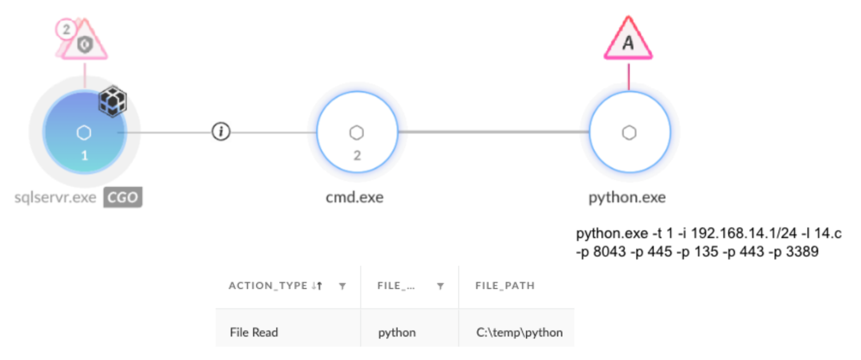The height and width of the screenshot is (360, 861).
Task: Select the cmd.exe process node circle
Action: (356, 132)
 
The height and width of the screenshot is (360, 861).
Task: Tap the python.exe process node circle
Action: (629, 132)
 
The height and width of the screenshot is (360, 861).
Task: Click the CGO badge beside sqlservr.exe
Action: (122, 198)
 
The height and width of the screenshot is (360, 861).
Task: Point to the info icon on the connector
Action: (221, 132)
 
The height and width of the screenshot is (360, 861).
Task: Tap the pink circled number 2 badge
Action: (67, 29)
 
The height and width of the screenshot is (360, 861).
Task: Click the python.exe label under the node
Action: (627, 198)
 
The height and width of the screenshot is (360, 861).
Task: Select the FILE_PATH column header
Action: (505, 286)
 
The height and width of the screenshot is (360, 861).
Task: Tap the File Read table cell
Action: (254, 332)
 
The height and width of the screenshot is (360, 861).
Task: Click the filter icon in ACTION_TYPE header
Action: (342, 287)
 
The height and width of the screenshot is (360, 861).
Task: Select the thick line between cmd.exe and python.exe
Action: (493, 132)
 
